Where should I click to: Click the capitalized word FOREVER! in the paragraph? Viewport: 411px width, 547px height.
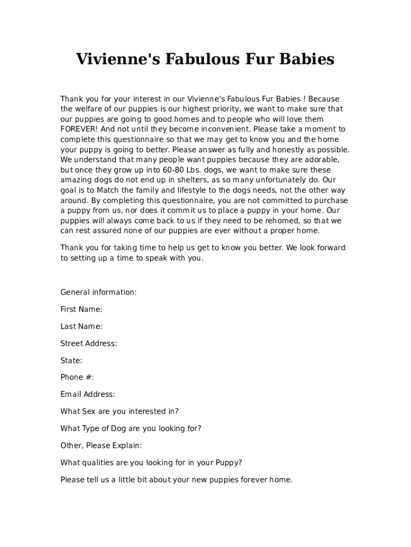[79, 129]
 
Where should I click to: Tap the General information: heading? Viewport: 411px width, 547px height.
[98, 292]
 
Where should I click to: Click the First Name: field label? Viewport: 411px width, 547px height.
[81, 309]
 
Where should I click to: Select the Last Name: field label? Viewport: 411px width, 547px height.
[81, 326]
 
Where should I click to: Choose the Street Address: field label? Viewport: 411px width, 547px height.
[89, 343]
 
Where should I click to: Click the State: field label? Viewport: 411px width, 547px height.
[71, 361]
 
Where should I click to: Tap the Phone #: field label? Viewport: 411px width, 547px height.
[77, 377]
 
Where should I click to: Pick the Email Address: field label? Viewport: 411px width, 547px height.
[88, 394]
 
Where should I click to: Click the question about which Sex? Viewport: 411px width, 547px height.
[120, 411]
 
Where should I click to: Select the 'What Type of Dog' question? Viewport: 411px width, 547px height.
[131, 428]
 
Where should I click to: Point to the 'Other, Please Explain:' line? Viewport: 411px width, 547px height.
[101, 446]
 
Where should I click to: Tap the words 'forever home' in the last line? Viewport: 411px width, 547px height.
[268, 480]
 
